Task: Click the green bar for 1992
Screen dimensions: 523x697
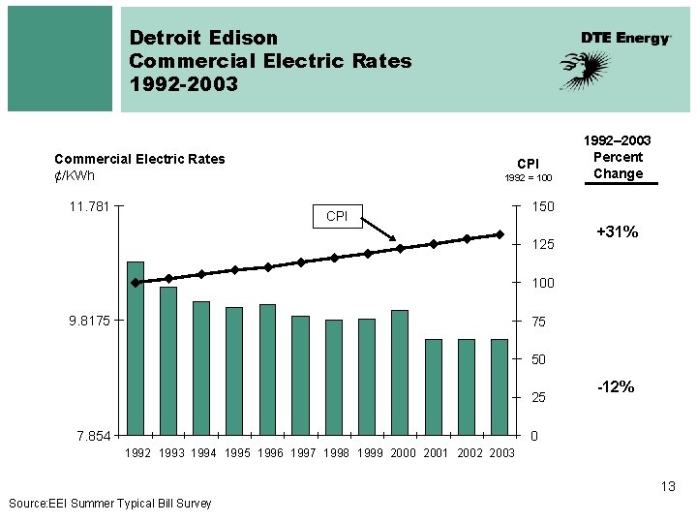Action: click(x=136, y=349)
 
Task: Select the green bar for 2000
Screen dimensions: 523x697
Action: click(x=400, y=373)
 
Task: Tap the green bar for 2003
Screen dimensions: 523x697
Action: click(x=500, y=387)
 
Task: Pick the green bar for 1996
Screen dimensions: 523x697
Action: click(x=267, y=370)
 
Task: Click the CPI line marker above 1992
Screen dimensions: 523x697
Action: click(x=136, y=283)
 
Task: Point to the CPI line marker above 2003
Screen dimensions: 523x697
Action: click(x=500, y=234)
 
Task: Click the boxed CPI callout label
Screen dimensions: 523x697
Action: click(x=336, y=216)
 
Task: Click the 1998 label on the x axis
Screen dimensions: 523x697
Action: click(x=336, y=453)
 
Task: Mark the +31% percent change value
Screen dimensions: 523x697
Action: click(x=617, y=232)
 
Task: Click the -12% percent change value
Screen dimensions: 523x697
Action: click(x=617, y=387)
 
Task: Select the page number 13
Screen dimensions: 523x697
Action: click(x=668, y=486)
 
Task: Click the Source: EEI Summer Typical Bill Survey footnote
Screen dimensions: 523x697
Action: click(x=109, y=503)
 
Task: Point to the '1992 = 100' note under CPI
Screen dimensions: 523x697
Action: click(x=528, y=178)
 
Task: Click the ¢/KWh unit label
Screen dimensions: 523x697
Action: click(x=75, y=175)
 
